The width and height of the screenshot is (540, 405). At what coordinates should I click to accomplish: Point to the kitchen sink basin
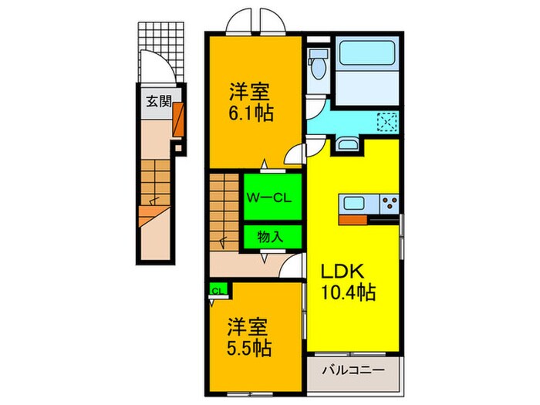pos(355,204)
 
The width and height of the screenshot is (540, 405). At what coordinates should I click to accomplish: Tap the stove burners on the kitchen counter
pos(388,204)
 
